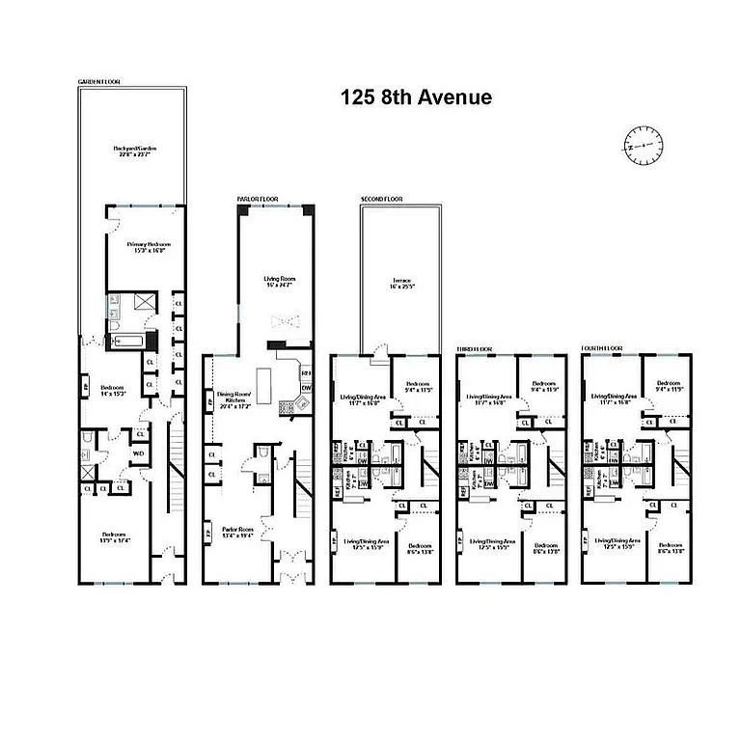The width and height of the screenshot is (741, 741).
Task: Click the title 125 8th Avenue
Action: click(x=415, y=97)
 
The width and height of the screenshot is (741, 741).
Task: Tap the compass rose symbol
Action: click(x=645, y=145)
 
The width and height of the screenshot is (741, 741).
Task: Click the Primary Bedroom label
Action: click(x=142, y=248)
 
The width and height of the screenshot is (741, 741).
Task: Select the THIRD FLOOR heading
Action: click(x=475, y=345)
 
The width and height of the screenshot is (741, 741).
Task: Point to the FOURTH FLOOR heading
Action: click(x=602, y=345)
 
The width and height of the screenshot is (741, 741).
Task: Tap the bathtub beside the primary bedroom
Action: click(x=127, y=340)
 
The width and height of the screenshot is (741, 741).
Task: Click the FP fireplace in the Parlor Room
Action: click(x=208, y=530)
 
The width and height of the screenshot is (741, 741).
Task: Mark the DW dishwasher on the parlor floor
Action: click(x=307, y=388)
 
